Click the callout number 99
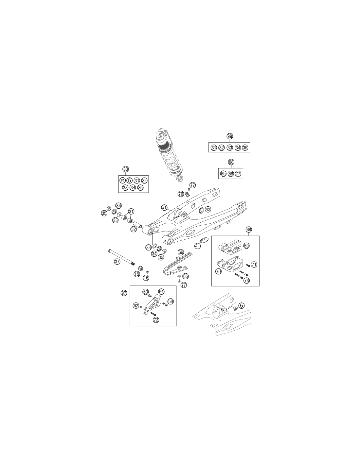[230, 136]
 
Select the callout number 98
[231, 162]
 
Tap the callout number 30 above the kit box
[126, 169]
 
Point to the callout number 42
[208, 209]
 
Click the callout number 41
[197, 246]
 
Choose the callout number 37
[117, 262]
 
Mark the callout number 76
[181, 194]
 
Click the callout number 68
[249, 230]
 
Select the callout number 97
[124, 293]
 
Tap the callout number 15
[137, 274]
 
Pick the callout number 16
[146, 278]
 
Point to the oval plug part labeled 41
[204, 240]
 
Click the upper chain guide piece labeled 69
[230, 247]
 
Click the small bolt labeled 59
[165, 304]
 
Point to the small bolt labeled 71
[248, 265]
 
